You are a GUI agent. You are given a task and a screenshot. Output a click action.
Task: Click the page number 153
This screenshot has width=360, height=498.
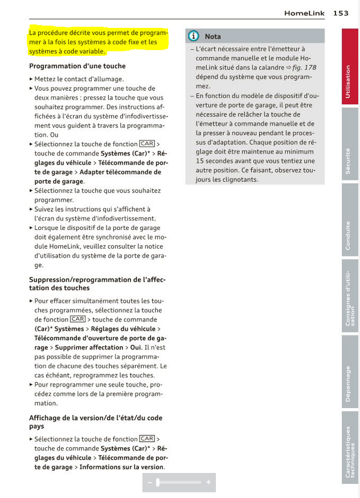(x=341, y=13)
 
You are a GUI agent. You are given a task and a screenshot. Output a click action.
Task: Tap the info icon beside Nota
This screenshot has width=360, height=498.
(x=194, y=36)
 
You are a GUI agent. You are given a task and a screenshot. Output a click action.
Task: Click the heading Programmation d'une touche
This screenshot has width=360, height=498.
(x=77, y=66)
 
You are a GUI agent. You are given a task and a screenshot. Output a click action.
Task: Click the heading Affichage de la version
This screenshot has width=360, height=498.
(x=96, y=422)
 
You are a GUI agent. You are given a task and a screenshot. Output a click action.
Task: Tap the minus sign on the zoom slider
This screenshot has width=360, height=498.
(x=149, y=483)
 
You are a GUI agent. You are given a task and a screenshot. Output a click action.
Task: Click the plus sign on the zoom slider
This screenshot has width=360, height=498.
(x=208, y=483)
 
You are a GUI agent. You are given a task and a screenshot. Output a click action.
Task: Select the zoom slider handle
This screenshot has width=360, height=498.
(x=158, y=483)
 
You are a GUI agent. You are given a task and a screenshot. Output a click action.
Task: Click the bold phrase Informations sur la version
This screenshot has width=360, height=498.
(x=121, y=467)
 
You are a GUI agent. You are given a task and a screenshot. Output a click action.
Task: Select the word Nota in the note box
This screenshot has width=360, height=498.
(x=212, y=36)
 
